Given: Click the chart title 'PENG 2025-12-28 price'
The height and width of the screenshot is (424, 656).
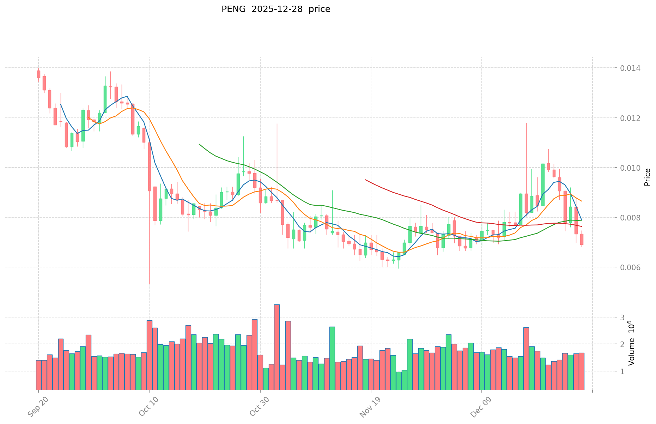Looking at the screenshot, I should [275, 10].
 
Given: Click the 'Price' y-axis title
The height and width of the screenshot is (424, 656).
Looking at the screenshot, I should [647, 177].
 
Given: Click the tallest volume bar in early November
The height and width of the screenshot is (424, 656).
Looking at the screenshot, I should [277, 347].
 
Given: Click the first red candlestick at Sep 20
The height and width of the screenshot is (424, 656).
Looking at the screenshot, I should [38, 74].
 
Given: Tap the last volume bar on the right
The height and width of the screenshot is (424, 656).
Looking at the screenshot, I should [582, 371].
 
